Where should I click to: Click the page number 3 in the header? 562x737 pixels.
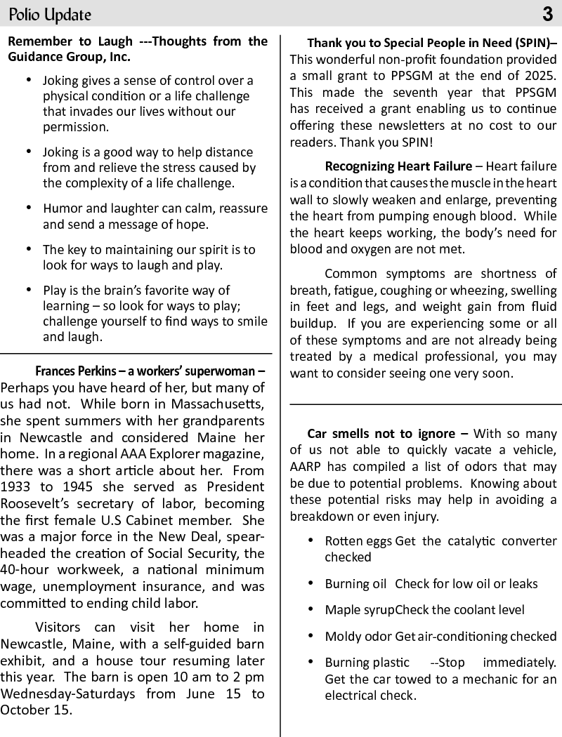click(x=548, y=14)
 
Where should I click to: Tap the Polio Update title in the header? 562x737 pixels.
click(x=50, y=15)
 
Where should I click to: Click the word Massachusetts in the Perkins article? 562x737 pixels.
click(x=218, y=404)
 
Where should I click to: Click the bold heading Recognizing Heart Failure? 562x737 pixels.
click(x=398, y=166)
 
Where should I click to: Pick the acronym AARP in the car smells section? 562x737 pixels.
click(x=305, y=467)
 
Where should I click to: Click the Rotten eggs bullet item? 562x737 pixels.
click(x=358, y=541)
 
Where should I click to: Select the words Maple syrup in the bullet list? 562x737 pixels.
click(x=359, y=610)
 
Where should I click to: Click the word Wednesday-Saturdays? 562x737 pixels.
click(x=67, y=693)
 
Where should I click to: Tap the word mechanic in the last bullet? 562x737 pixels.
click(x=493, y=679)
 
